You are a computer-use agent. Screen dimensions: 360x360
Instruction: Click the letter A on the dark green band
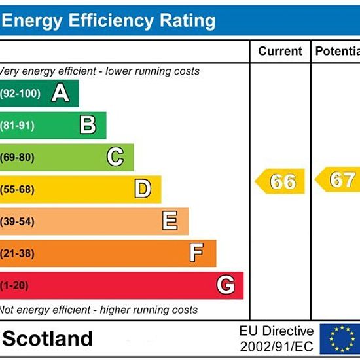click(60, 93)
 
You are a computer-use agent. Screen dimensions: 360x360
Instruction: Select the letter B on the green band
click(88, 124)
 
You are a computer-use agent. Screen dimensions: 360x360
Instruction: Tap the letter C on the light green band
click(115, 156)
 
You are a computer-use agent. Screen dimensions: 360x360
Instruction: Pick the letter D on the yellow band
click(143, 189)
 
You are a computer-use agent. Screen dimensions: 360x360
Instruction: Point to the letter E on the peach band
click(170, 221)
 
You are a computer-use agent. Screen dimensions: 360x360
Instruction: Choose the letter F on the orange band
click(196, 253)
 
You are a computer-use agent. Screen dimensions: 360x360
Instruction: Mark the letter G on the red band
click(226, 285)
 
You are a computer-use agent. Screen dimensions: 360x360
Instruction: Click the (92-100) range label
click(20, 94)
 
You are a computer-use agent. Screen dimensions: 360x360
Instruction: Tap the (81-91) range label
click(18, 126)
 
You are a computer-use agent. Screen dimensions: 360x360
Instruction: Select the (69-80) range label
click(17, 158)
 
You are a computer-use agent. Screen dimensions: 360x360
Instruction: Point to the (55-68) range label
click(17, 190)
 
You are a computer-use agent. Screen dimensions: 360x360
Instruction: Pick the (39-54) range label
click(17, 221)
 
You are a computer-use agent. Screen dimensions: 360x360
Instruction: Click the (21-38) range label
click(17, 253)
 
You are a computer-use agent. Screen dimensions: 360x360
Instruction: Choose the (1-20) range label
click(14, 285)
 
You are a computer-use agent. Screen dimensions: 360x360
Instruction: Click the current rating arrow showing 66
click(280, 181)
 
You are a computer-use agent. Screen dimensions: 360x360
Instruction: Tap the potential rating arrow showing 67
click(338, 179)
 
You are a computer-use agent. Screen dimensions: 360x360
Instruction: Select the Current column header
click(280, 51)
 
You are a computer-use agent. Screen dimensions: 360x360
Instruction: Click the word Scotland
click(48, 338)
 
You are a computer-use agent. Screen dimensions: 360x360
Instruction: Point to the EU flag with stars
click(340, 339)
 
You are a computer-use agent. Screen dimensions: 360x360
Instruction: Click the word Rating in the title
click(188, 21)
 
